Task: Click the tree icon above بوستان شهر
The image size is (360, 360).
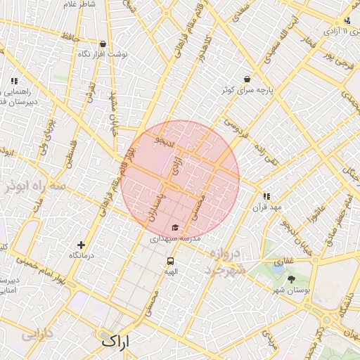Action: click(x=292, y=279)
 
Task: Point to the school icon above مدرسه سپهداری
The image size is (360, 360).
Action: click(x=174, y=228)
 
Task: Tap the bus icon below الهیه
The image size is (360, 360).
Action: click(x=171, y=261)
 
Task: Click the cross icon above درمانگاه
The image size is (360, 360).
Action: click(x=82, y=245)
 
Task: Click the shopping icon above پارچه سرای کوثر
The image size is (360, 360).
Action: click(x=247, y=79)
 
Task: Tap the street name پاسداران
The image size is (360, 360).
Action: click(x=155, y=207)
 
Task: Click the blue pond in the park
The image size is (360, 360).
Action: click(x=278, y=268)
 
